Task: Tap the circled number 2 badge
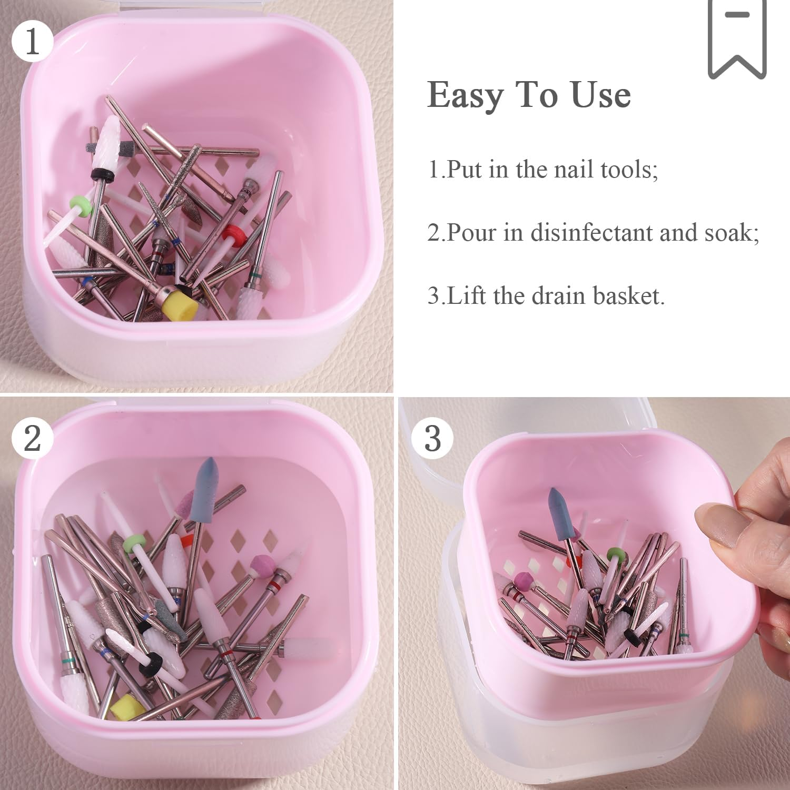pyautogui.click(x=32, y=438)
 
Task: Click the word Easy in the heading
pyautogui.click(x=465, y=95)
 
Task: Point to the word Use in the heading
pyautogui.click(x=601, y=95)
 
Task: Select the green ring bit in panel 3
pyautogui.click(x=613, y=554)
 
